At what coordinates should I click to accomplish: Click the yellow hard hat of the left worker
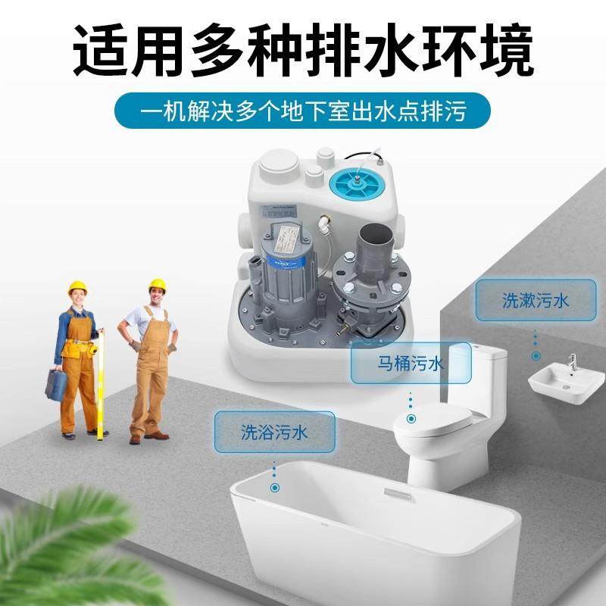pos(77,289)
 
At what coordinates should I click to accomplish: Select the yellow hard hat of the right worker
pos(157,286)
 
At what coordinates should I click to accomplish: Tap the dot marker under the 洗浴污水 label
pos(274,488)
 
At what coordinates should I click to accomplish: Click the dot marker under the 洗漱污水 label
pos(535,355)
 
